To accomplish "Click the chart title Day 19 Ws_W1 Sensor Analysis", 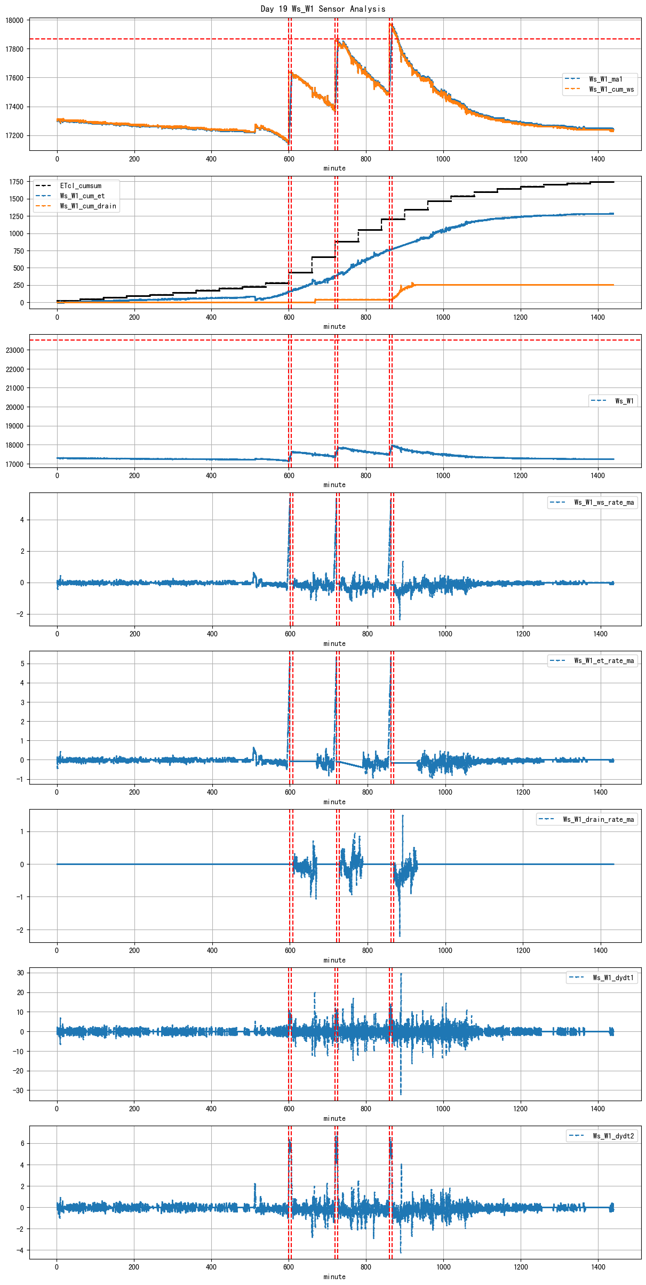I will [x=323, y=9].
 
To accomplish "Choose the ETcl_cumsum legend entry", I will [x=81, y=186].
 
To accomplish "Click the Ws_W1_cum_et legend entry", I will [x=82, y=196].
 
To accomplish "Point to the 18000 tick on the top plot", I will [x=14, y=21].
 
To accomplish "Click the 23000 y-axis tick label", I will [x=14, y=350].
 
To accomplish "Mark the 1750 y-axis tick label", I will [x=16, y=182].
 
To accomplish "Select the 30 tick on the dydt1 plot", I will [x=20, y=973].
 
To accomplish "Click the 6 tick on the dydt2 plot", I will [x=22, y=1144].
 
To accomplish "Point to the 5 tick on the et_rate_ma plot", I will [x=22, y=664].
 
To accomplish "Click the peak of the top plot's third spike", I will [x=390, y=23].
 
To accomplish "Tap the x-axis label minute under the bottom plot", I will [x=334, y=1277].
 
